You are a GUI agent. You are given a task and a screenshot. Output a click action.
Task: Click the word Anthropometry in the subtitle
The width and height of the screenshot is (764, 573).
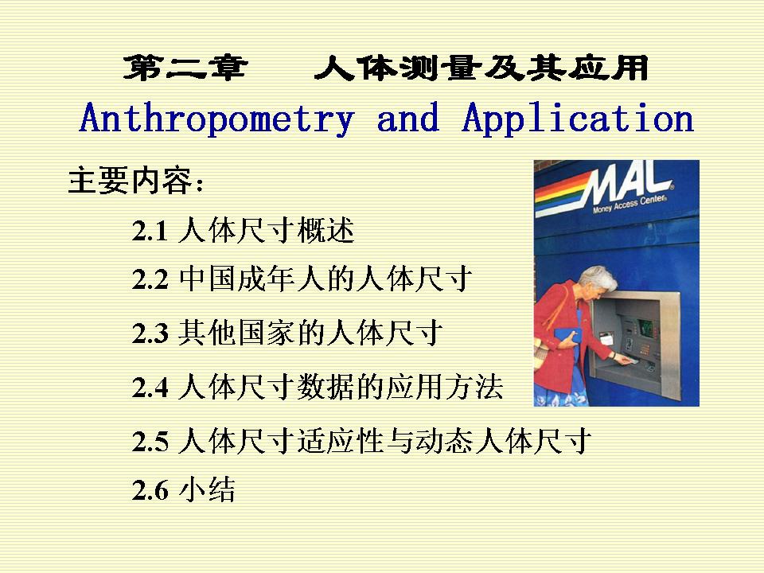pos(216,119)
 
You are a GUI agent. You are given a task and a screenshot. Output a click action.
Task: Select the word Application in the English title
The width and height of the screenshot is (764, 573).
pos(578,119)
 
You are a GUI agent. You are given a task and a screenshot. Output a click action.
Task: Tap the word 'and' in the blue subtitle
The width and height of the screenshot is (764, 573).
pos(407,118)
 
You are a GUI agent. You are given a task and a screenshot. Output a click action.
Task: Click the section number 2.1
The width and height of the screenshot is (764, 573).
pos(150,231)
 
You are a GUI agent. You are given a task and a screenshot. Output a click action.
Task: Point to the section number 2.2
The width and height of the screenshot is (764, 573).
pos(150,279)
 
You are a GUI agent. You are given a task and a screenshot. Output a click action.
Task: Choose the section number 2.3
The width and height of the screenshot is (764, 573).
pos(150,333)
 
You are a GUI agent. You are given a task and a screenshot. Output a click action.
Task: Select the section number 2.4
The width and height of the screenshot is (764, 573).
pos(150,388)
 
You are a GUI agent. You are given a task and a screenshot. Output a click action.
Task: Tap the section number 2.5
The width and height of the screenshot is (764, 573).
pos(150,442)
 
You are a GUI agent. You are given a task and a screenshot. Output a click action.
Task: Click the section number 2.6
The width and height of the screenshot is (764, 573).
pos(150,490)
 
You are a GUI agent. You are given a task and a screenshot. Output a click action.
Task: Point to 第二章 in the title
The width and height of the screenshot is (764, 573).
pos(185,68)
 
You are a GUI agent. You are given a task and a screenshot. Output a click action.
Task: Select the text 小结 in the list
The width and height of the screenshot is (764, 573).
pos(207,489)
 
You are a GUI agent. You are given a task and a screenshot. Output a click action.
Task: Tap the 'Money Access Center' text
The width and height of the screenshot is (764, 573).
pos(629,203)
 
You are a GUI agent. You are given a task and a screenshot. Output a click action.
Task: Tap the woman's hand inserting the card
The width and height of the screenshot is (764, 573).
pos(623,360)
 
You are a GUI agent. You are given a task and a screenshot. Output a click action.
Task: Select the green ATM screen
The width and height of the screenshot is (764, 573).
pos(645,327)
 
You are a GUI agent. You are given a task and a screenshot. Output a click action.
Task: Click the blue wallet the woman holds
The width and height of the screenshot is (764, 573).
pos(567,335)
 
